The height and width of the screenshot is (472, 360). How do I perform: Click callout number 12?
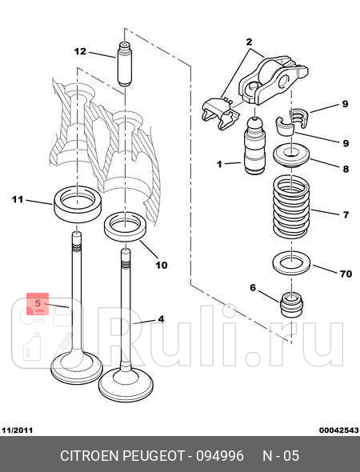pos(80,51)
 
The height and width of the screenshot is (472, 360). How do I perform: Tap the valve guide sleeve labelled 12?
pos(124,63)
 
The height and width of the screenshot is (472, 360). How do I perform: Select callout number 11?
pos(18,199)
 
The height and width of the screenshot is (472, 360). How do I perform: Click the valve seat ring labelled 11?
pos(78,204)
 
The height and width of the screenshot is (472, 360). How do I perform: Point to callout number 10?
pos(162,265)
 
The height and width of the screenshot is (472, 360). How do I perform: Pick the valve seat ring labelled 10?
pos(125,226)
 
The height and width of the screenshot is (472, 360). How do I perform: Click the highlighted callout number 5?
pos(38,303)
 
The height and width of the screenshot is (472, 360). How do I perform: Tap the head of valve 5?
pos(77,368)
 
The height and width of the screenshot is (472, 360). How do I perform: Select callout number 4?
pos(162,318)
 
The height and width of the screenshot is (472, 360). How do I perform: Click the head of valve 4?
pos(126,386)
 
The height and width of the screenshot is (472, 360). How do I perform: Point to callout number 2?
pos(249,42)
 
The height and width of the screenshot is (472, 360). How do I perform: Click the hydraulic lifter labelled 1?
pos(255,146)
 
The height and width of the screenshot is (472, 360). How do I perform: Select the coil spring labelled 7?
pos(291,206)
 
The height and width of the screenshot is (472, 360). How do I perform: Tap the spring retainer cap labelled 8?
pos(291,155)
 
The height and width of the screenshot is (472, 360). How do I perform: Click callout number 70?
pos(346,274)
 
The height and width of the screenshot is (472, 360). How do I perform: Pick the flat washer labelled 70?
pos(291,263)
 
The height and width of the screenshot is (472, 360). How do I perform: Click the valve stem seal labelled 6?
pos(291,305)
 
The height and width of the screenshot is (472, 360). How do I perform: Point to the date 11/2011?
pos(17,430)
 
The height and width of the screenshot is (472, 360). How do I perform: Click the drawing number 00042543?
pos(339,430)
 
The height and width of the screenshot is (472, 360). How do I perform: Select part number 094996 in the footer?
pos(220,456)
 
